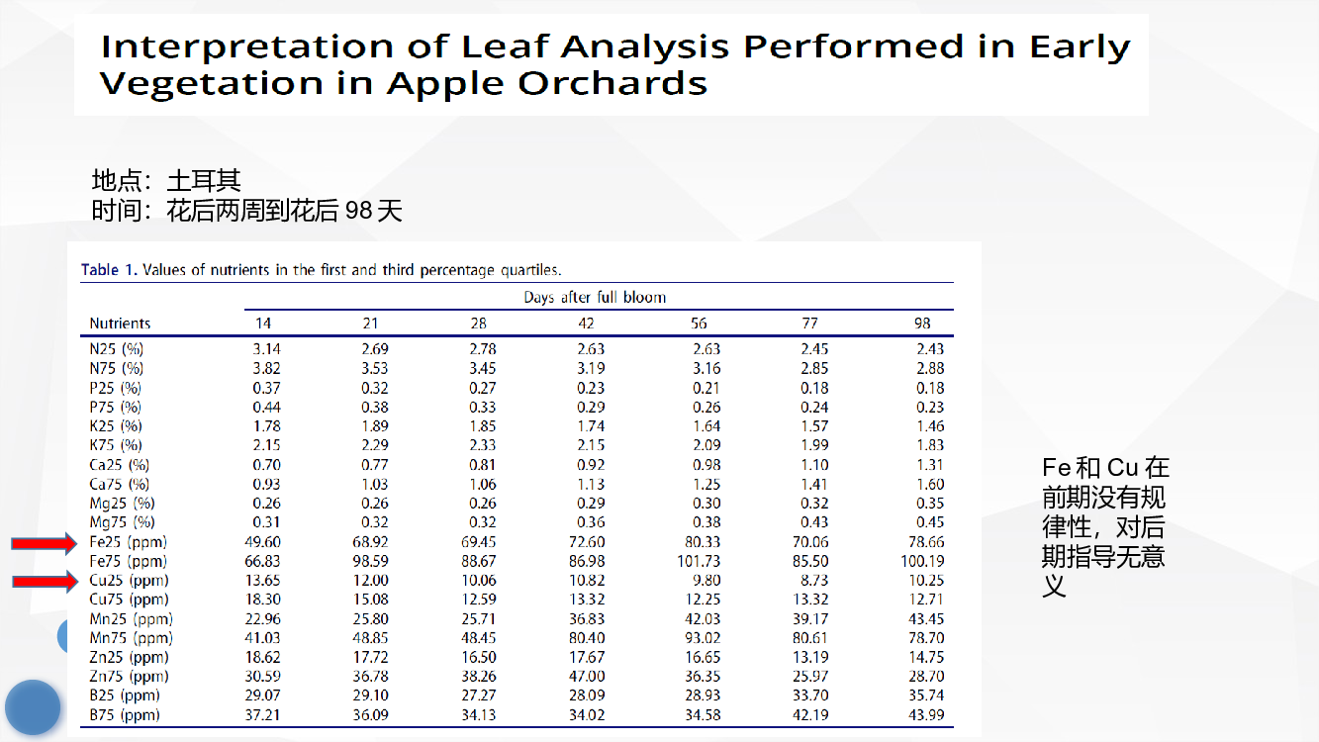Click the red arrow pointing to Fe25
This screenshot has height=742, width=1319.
[45, 543]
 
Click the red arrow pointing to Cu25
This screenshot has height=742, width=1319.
[45, 582]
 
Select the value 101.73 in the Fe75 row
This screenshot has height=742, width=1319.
[699, 561]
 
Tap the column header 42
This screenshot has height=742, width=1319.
[586, 324]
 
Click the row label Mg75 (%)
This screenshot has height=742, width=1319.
[122, 522]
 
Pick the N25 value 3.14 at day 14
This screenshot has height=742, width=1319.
[267, 349]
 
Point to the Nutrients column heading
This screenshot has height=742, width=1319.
[120, 324]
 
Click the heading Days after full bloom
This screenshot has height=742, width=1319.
[595, 298]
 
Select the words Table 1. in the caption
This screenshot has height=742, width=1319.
[109, 270]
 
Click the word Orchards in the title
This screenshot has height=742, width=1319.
[612, 83]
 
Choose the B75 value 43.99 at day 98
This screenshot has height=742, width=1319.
[926, 715]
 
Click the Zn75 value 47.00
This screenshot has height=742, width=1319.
[587, 676]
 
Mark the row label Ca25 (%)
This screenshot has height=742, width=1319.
[119, 465]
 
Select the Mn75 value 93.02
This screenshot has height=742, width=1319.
[703, 638]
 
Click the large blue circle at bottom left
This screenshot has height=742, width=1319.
[33, 707]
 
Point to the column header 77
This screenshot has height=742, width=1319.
[809, 324]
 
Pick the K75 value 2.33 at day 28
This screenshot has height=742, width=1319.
[482, 445]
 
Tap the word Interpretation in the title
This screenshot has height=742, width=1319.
[247, 47]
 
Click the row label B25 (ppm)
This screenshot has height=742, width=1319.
[125, 696]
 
